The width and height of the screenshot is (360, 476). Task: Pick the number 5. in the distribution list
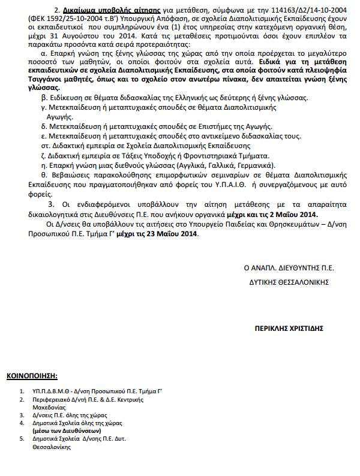pos(22,439)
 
